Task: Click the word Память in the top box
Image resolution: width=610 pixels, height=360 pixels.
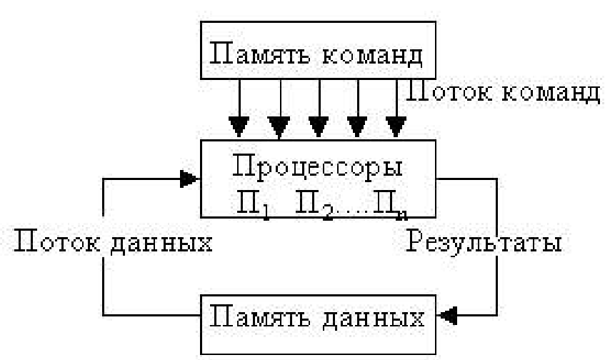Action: (260, 54)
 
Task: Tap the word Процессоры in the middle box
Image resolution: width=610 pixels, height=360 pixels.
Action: (317, 167)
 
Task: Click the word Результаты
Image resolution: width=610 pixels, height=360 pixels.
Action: (484, 241)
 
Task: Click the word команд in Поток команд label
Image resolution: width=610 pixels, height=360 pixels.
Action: (551, 94)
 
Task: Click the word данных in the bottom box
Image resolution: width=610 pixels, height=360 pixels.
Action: (374, 319)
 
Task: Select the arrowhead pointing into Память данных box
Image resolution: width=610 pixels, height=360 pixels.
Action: (446, 315)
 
